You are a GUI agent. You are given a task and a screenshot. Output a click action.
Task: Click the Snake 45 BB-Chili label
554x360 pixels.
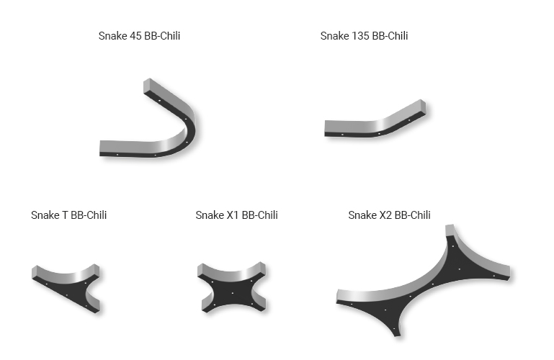coord(139,36)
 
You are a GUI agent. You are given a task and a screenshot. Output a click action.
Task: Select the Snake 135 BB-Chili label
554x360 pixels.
coord(364,36)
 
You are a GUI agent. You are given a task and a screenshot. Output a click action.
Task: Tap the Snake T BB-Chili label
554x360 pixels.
coord(68,215)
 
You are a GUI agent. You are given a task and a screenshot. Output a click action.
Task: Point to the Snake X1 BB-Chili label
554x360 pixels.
coord(236,215)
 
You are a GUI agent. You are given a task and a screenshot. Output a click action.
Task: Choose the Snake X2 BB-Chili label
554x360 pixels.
coord(389,215)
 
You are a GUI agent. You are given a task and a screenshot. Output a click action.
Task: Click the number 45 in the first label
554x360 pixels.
coord(135,36)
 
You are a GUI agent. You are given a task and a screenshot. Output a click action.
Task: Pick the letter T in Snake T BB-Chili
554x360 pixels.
coord(65,215)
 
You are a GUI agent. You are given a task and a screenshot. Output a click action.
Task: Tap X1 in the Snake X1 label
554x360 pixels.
coord(233,215)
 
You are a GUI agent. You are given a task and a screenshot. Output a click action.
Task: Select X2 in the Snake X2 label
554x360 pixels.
coord(385,215)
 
